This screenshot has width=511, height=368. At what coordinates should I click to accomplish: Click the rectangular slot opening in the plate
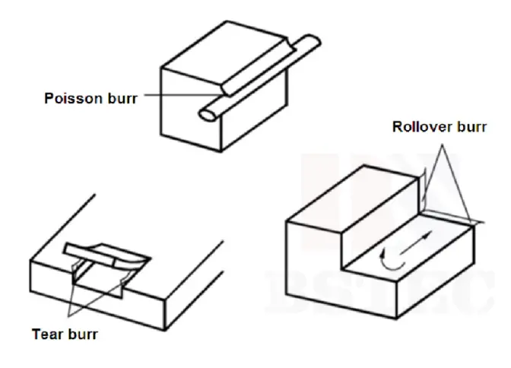point(99,285)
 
